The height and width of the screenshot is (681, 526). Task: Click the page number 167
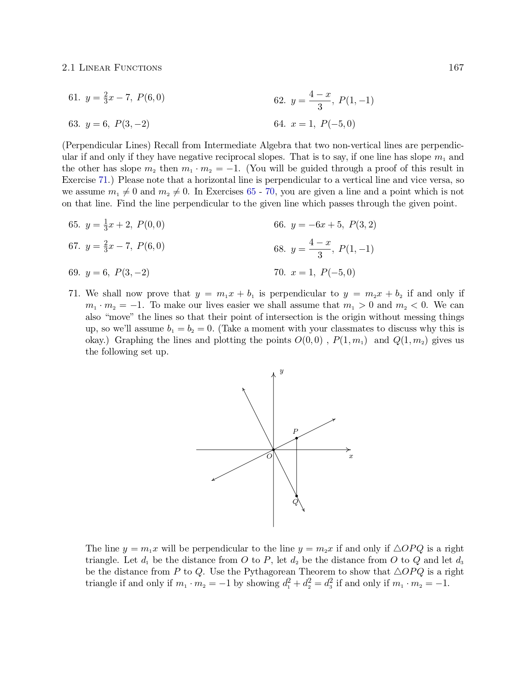456,68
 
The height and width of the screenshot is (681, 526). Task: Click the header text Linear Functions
120,68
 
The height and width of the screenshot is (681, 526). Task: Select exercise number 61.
74,98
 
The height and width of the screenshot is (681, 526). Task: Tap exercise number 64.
279,124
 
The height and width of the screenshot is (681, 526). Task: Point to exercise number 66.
279,225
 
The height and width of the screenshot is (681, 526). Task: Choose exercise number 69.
74,273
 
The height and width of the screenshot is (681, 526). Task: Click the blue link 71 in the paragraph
103,180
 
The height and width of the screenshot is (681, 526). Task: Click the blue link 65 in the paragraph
251,192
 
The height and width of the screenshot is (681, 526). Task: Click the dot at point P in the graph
297,438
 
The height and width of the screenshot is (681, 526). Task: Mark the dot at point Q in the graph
297,496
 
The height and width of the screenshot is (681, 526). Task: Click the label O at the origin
269,456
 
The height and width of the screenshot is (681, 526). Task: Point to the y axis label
281,371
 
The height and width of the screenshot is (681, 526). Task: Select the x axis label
351,456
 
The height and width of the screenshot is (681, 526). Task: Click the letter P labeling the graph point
295,431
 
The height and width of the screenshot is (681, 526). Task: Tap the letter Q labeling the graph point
295,502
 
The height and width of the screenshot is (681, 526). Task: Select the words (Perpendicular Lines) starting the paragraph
106,146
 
